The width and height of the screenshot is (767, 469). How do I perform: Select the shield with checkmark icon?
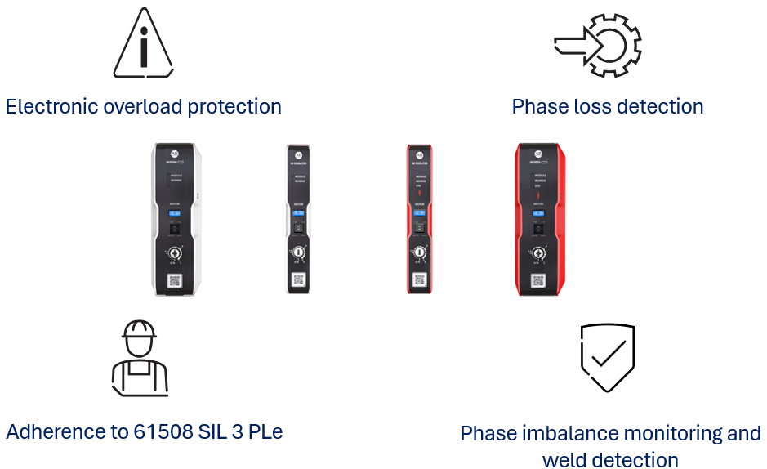[x=608, y=358]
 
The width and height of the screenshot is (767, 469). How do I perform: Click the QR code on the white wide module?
[x=175, y=281]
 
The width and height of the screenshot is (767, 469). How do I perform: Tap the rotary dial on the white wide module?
[x=175, y=253]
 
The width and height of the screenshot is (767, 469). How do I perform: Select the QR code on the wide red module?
[x=538, y=280]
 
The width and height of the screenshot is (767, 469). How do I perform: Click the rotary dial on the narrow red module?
[x=419, y=253]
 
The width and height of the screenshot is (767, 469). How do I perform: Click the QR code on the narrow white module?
[x=298, y=280]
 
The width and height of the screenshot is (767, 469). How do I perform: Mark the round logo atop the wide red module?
[x=538, y=153]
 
